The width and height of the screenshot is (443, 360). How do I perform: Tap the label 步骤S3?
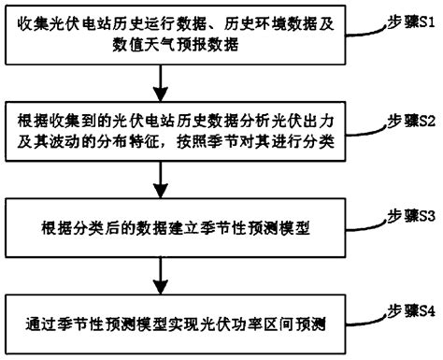405,215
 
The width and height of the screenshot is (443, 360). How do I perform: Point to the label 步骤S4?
405,309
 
